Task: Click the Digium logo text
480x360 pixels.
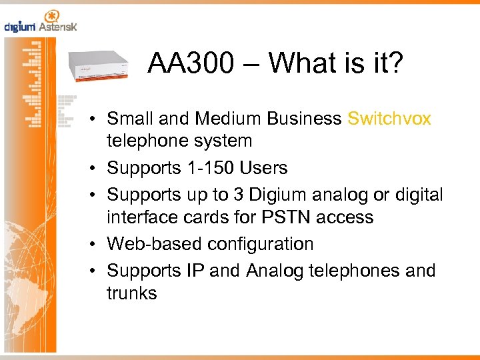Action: pos(20,27)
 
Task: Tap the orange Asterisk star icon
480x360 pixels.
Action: pos(51,17)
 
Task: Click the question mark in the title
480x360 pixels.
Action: pos(395,64)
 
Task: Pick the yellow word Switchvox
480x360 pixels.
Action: pos(389,119)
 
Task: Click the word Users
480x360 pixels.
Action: pos(265,168)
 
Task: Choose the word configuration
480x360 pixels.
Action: pos(260,244)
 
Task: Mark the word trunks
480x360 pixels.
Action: pos(132,293)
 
